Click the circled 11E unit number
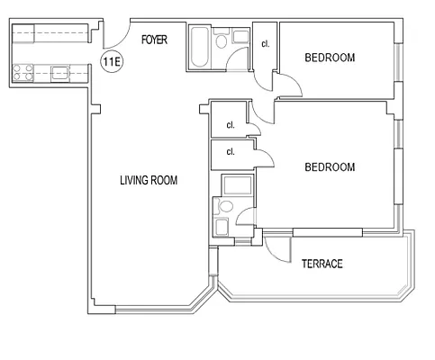pyautogui.click(x=111, y=63)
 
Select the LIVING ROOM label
pyautogui.click(x=149, y=181)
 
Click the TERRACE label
pyautogui.click(x=322, y=264)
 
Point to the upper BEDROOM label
pyautogui.click(x=330, y=58)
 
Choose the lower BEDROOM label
pyautogui.click(x=330, y=166)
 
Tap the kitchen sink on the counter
pyautogui.click(x=61, y=71)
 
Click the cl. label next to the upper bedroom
pyautogui.click(x=265, y=43)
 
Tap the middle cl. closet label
pyautogui.click(x=231, y=125)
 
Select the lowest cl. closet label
pyautogui.click(x=231, y=152)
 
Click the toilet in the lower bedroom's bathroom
pyautogui.click(x=225, y=206)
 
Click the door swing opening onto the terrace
pyautogui.click(x=279, y=245)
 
